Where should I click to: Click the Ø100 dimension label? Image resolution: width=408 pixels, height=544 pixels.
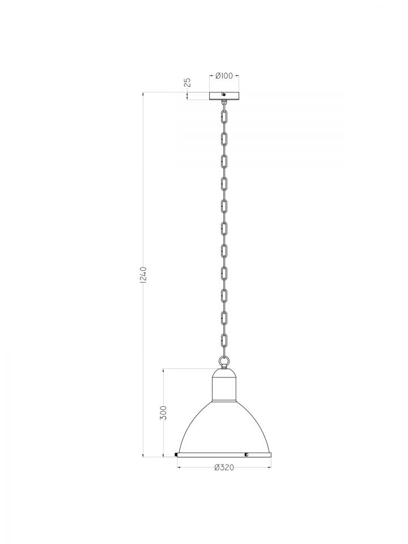tap(224, 75)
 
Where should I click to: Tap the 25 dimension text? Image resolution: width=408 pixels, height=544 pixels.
tap(188, 82)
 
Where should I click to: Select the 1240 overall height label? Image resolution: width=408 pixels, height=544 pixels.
tap(143, 274)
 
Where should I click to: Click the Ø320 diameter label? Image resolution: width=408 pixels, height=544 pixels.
tap(224, 467)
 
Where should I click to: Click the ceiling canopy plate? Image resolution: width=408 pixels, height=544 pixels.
tap(224, 96)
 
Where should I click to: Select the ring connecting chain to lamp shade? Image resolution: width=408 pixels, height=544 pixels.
tap(224, 362)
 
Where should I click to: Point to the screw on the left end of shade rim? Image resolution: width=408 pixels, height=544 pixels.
tap(177, 454)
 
